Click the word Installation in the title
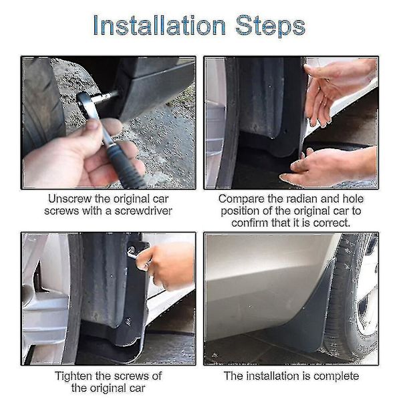[159, 25]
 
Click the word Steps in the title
[270, 27]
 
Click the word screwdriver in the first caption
[143, 211]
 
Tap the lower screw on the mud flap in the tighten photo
[128, 321]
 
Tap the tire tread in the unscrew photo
[41, 108]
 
